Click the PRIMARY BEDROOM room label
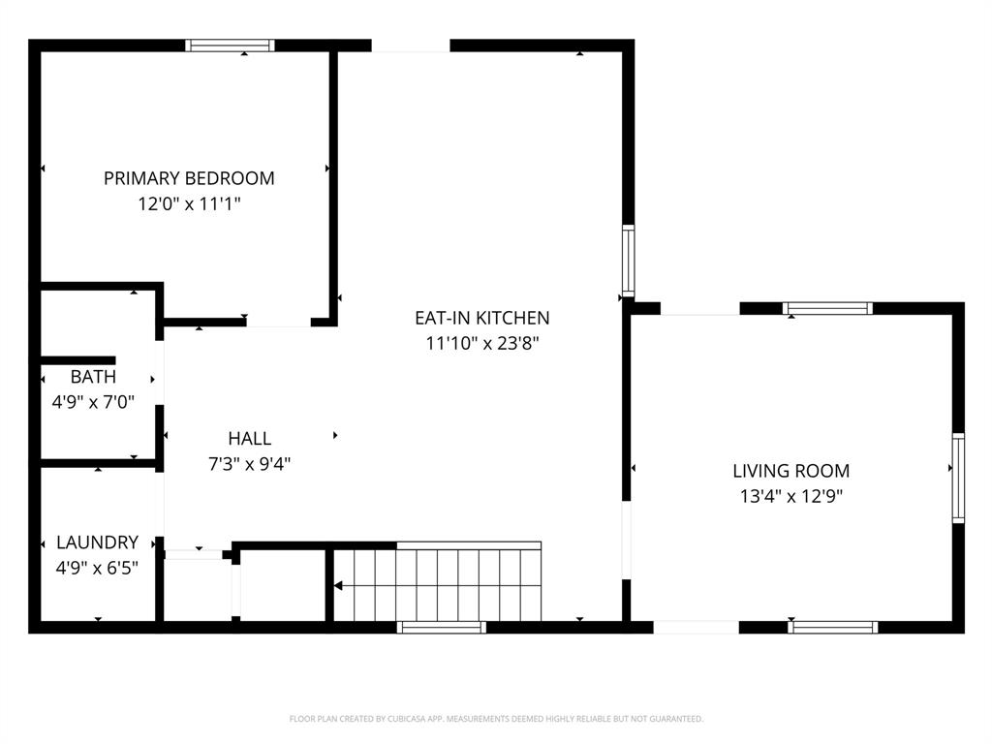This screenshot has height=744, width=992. point(189,178)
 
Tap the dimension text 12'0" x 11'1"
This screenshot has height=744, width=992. point(189,204)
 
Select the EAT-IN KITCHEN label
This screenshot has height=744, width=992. point(481,318)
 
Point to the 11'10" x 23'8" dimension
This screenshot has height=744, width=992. point(481,343)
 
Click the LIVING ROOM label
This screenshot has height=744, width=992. point(790,472)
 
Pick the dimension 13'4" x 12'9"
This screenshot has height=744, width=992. point(790,497)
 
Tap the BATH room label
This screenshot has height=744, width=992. point(93,377)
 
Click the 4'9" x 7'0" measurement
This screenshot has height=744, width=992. point(93,401)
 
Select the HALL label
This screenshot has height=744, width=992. point(249,439)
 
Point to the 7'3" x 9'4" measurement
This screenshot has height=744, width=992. point(249,464)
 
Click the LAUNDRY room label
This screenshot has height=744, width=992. point(97,542)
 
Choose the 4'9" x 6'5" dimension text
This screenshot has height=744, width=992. point(97,568)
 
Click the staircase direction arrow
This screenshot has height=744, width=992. point(339,585)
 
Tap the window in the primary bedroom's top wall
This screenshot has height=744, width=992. point(231,45)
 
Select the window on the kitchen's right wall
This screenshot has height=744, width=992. point(628,261)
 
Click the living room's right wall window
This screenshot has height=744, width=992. point(958,478)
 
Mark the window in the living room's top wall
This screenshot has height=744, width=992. point(827,309)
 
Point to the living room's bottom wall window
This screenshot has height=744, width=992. point(832,627)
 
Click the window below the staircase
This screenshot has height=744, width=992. point(442,627)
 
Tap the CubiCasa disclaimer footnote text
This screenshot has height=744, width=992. point(496,719)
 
